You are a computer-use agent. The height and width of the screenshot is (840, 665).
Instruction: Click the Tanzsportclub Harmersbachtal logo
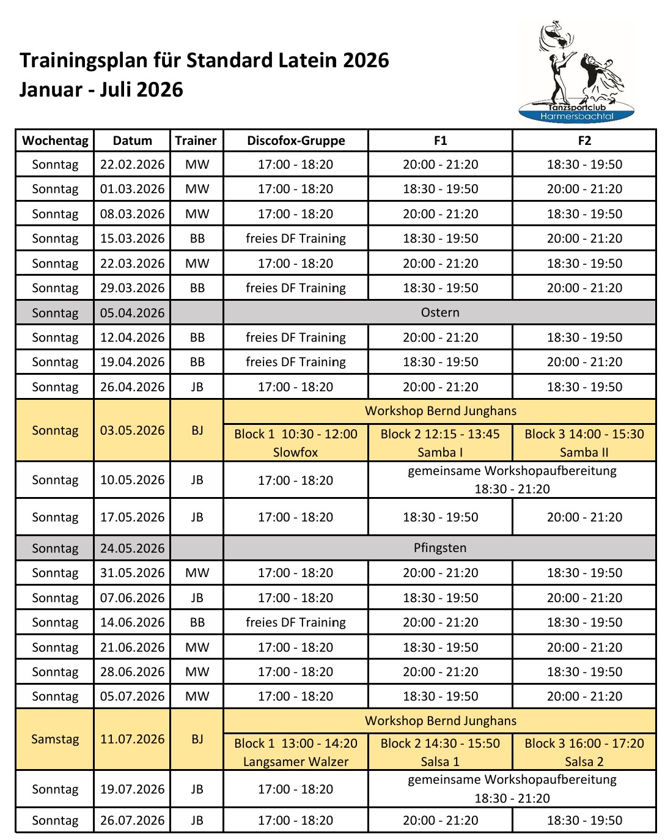576,72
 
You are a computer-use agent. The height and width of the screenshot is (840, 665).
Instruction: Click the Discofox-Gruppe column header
296,141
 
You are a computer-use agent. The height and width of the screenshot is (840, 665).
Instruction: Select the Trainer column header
196,141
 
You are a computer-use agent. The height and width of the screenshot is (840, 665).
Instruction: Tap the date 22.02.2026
133,164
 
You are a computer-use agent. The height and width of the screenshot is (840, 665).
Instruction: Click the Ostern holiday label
440,312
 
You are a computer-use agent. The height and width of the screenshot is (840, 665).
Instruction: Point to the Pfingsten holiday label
440,548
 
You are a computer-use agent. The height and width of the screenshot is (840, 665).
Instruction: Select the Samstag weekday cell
55,739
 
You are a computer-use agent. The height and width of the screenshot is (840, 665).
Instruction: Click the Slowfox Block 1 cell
296,443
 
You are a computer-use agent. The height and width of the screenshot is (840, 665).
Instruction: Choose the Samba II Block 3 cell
584,443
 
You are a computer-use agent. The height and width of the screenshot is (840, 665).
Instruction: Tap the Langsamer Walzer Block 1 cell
296,753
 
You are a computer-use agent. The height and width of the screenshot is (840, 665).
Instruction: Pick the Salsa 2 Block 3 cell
584,753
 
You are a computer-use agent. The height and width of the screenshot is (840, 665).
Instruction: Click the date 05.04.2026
133,313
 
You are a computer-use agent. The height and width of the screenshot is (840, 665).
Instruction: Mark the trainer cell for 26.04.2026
197,387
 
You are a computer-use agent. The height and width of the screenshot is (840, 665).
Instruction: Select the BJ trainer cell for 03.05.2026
197,430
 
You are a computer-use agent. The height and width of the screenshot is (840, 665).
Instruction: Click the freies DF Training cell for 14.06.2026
296,622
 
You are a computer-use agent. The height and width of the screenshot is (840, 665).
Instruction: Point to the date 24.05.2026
133,548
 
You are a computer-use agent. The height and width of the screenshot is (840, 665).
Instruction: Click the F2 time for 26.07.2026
584,820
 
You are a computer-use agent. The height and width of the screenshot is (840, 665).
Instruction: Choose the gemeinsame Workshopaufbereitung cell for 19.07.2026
512,789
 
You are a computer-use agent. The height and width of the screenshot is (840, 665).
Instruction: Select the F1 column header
440,141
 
